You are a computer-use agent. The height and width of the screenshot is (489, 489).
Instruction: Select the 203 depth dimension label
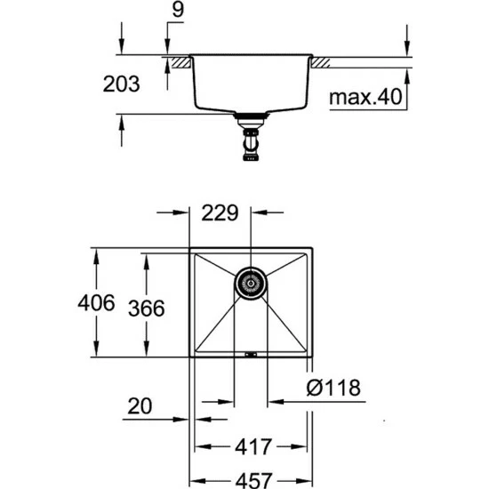[122, 85]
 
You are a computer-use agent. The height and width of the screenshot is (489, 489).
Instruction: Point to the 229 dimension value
[220, 213]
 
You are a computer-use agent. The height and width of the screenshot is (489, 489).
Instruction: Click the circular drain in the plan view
[250, 283]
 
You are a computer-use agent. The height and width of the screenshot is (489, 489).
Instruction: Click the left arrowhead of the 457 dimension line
[196, 479]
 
